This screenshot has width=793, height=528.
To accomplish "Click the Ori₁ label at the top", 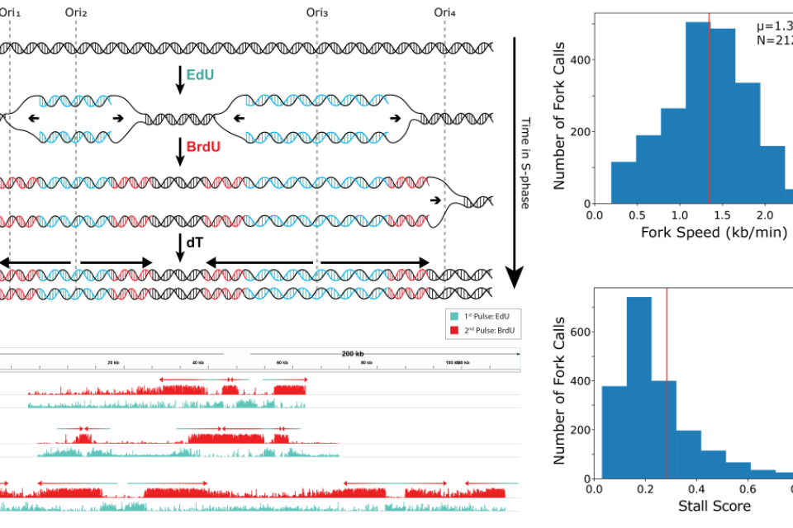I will point(11,12).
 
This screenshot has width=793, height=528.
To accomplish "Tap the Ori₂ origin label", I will point(75,12).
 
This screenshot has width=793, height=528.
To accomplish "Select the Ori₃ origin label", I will point(316,12).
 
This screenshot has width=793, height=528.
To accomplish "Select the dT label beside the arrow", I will point(194,243).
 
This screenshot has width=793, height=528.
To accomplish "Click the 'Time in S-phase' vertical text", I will point(525,162).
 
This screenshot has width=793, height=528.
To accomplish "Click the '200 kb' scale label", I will point(352,354).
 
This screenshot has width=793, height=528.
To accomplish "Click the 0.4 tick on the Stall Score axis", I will point(696,489).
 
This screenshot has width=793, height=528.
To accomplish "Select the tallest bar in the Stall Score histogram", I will point(639,388).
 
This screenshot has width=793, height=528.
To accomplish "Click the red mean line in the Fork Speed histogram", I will point(709,107).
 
